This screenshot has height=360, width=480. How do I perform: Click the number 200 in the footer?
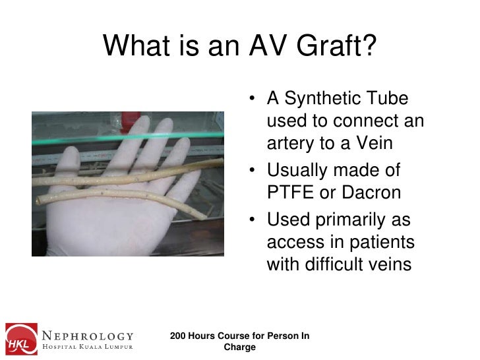click(179, 336)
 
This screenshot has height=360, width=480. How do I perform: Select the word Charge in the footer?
click(240, 347)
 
